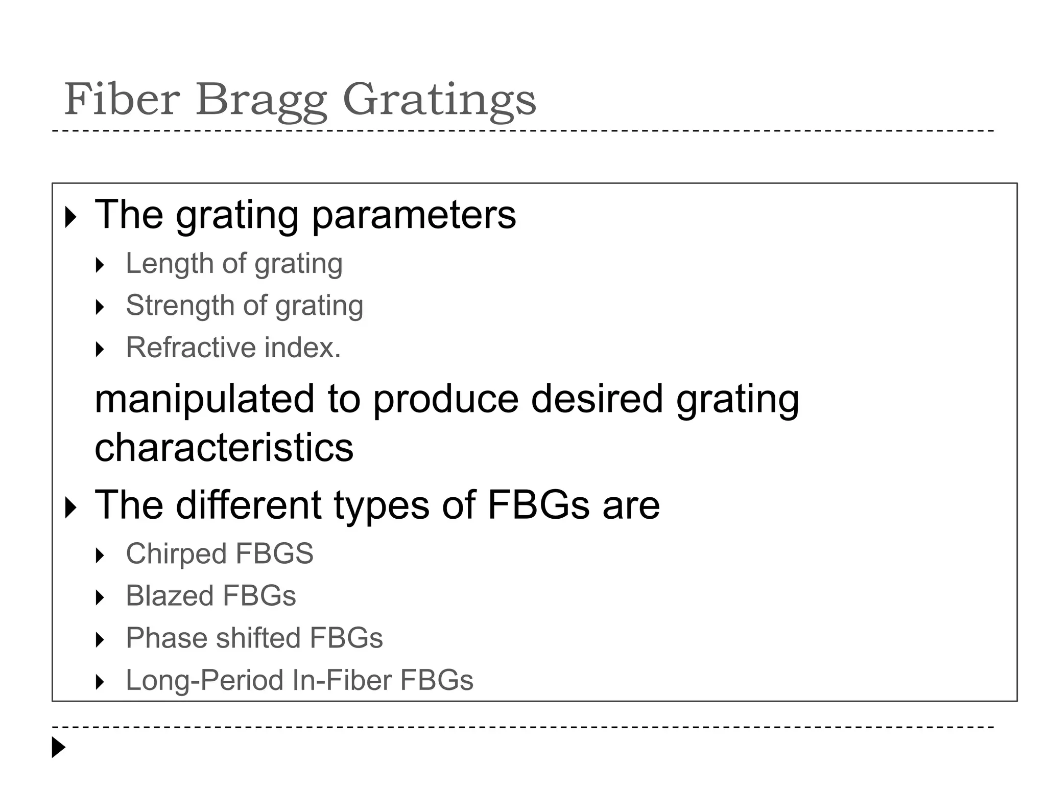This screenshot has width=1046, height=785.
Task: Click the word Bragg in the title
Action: pyautogui.click(x=261, y=100)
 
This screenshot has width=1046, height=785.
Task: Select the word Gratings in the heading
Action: pyautogui.click(x=439, y=100)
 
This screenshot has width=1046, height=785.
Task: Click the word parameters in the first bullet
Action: pyautogui.click(x=414, y=216)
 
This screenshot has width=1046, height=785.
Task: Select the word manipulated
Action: pyautogui.click(x=204, y=400)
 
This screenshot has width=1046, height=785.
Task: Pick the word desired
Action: pyautogui.click(x=597, y=399)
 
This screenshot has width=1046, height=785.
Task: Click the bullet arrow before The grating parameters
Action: pyautogui.click(x=71, y=217)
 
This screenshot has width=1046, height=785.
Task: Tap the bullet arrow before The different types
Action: pyautogui.click(x=71, y=507)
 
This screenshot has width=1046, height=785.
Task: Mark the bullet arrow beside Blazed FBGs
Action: pyautogui.click(x=100, y=597)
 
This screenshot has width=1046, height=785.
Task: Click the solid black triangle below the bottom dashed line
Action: pyautogui.click(x=59, y=747)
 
